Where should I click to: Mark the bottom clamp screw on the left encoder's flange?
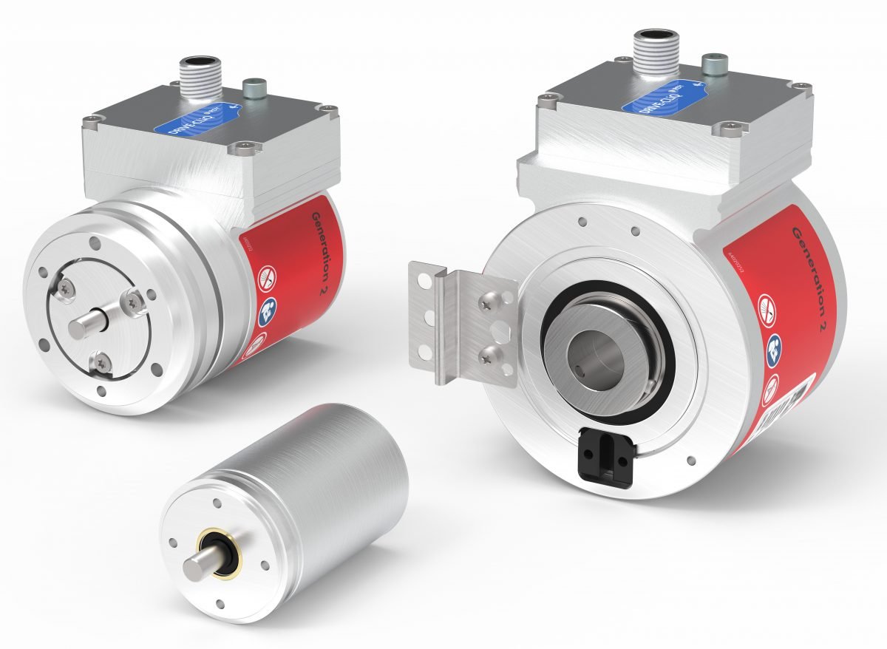tap(98, 361)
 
